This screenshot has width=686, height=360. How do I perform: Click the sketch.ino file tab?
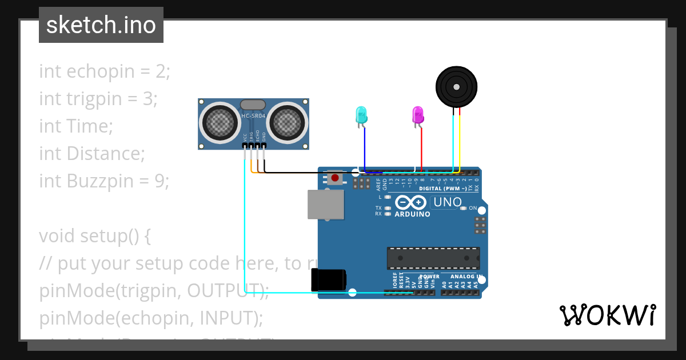(101, 25)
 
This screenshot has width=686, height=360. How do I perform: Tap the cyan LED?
(361, 115)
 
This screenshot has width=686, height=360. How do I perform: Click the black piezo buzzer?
(456, 86)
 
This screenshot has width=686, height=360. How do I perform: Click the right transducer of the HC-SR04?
(288, 121)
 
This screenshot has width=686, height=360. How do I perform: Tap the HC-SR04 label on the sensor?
(253, 116)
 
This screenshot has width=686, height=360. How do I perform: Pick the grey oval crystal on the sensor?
(253, 105)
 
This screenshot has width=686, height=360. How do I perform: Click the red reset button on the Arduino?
(334, 178)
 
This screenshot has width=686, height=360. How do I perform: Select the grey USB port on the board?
(326, 204)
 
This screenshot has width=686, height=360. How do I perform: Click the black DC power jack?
(328, 280)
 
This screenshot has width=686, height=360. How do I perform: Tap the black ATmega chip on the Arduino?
(433, 258)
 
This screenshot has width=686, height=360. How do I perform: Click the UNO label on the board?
(448, 202)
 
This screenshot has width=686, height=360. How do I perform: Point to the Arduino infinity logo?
(410, 202)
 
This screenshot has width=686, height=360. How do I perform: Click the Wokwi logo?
(607, 315)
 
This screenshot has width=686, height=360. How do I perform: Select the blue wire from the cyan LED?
(365, 149)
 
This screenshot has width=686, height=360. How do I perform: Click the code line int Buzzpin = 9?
(104, 181)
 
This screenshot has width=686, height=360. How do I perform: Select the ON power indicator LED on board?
(464, 208)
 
